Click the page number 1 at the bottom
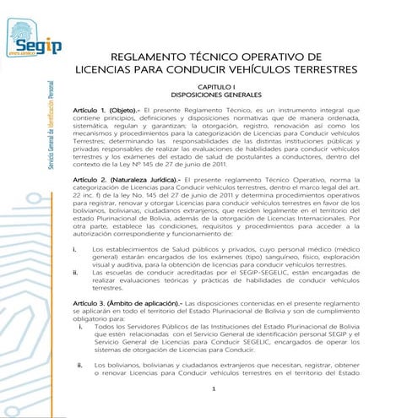(216, 389)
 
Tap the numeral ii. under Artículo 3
(80, 365)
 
